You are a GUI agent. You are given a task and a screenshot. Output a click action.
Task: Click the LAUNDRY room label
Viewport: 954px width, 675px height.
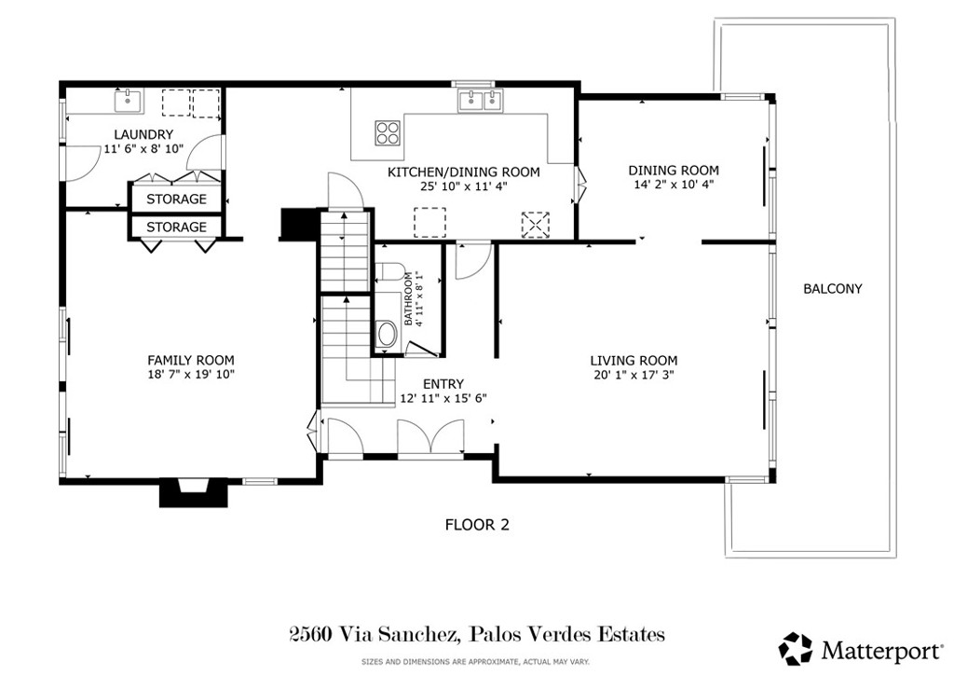[143, 134]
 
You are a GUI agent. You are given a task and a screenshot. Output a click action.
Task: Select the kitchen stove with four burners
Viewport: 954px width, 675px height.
[388, 133]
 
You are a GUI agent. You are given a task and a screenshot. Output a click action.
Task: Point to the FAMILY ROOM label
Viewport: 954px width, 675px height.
[191, 360]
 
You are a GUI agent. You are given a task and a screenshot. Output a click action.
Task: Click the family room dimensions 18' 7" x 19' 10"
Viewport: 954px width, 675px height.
[191, 375]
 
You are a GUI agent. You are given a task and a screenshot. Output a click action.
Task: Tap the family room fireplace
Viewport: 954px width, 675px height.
[193, 492]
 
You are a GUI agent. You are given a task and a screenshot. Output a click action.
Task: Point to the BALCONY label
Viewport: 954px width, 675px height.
[832, 289]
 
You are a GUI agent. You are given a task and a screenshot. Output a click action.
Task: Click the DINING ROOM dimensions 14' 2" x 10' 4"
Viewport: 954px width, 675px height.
[673, 185]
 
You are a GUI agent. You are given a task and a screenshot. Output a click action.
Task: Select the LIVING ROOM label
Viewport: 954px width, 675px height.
[634, 361]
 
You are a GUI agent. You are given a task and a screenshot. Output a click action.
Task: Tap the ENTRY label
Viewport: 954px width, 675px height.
[443, 383]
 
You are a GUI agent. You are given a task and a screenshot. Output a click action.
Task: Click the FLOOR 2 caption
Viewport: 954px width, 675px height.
[476, 525]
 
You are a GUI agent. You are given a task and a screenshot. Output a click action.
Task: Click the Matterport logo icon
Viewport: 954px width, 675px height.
[796, 647]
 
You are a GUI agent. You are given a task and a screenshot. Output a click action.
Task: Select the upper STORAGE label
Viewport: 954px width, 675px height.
[176, 200]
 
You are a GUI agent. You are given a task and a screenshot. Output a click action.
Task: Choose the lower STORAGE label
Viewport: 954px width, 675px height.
[176, 227]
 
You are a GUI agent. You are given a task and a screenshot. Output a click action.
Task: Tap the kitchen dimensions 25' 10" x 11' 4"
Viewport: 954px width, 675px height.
[463, 186]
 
